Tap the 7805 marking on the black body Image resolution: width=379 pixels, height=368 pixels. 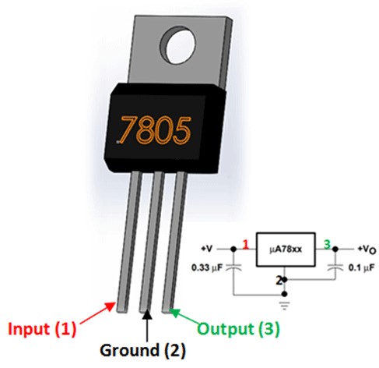(x=154, y=129)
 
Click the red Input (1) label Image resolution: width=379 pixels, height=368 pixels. (x=42, y=328)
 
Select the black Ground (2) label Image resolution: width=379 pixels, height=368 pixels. (x=142, y=350)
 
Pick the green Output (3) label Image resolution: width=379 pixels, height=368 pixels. (x=239, y=328)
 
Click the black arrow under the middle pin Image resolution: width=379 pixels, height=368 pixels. (x=147, y=325)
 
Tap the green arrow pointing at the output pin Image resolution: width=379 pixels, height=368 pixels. (x=184, y=317)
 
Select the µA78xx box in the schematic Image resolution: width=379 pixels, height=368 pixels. (x=286, y=249)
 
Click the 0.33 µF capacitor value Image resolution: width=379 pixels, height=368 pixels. (x=207, y=267)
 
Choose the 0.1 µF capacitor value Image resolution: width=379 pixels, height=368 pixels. (x=362, y=267)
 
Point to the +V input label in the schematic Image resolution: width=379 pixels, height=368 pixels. (x=207, y=249)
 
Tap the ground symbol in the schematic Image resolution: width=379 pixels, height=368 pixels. (x=285, y=305)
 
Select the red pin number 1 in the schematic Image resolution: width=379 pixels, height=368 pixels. (x=246, y=245)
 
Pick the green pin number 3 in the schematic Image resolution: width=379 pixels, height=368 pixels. (x=327, y=244)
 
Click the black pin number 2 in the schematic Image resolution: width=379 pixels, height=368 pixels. (x=279, y=281)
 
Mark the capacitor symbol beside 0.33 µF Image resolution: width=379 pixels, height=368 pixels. (x=233, y=267)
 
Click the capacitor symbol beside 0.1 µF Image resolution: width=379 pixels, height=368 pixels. (x=335, y=267)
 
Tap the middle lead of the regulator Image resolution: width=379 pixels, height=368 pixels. (x=152, y=242)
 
